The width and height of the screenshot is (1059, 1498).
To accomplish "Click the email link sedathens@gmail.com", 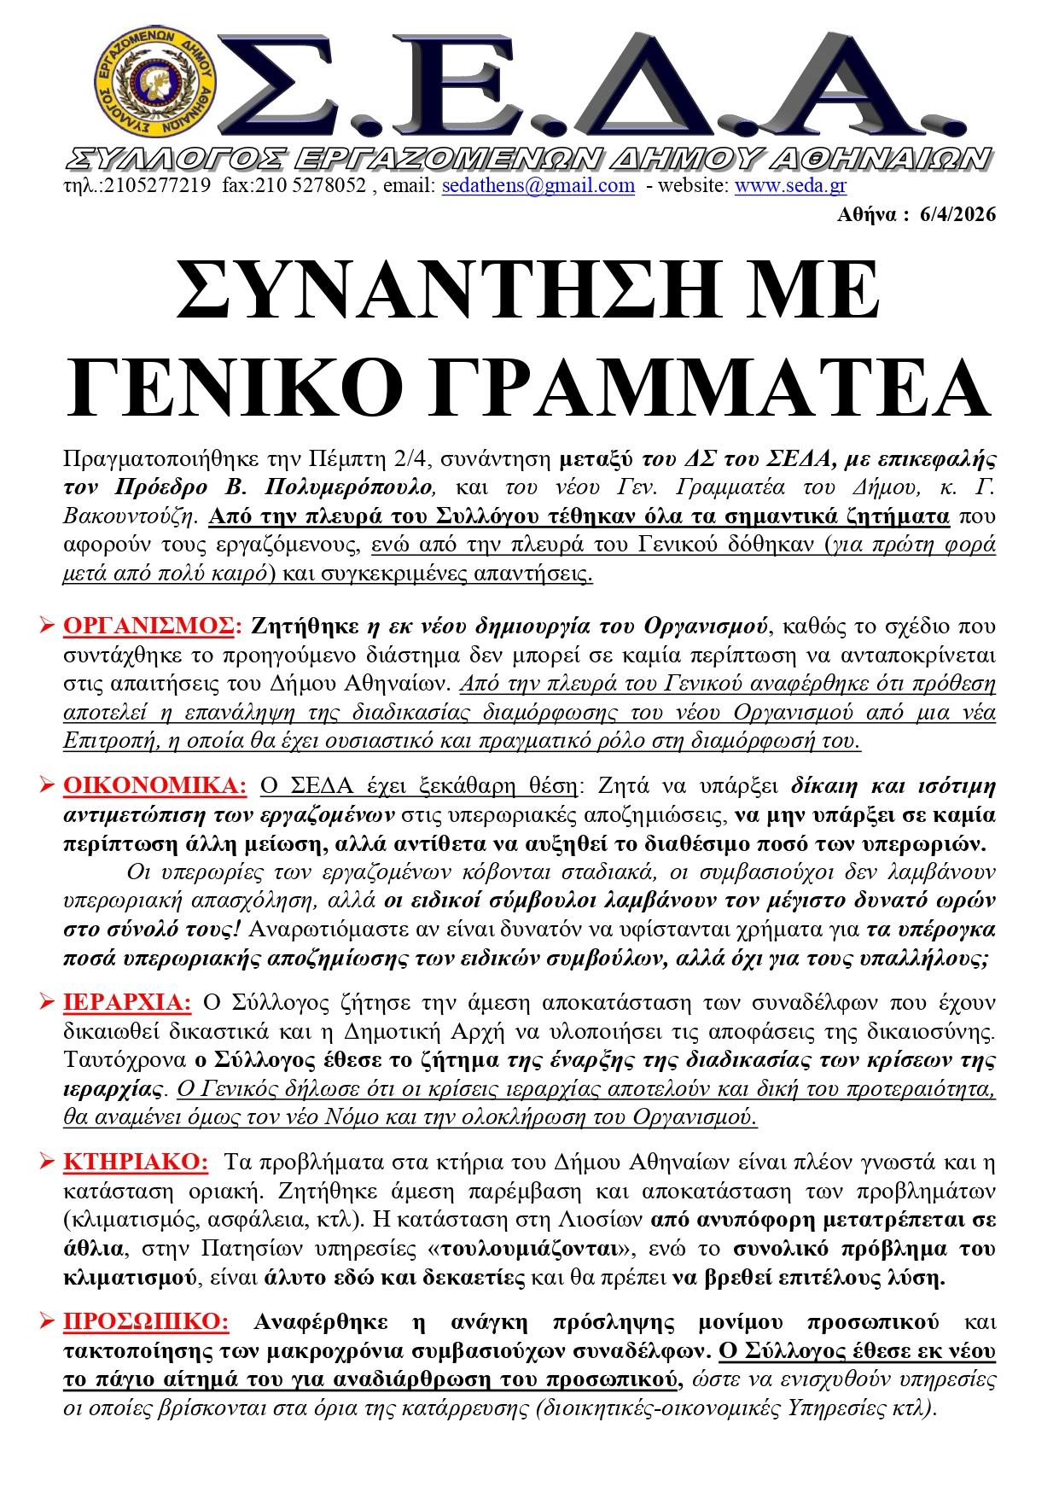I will click(x=538, y=185).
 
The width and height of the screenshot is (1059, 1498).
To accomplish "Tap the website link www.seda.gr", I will click(x=790, y=185).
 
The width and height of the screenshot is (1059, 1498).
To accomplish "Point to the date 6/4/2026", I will click(x=957, y=214).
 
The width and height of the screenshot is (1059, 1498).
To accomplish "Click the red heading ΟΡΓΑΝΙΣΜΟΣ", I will click(x=148, y=626).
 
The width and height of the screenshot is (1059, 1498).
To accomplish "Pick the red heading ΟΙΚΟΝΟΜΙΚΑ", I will click(x=154, y=785).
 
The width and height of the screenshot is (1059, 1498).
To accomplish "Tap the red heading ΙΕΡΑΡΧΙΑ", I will click(x=127, y=1002).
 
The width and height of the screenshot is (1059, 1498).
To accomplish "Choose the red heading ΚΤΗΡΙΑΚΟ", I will click(x=136, y=1162).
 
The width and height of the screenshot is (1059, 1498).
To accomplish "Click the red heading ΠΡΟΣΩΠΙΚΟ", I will click(x=146, y=1321).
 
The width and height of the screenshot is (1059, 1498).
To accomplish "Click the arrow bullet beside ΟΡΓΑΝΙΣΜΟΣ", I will click(x=47, y=627).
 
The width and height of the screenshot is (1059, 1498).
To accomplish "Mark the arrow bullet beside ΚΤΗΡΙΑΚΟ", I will click(x=47, y=1163).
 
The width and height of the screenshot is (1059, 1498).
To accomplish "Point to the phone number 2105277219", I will click(x=157, y=185).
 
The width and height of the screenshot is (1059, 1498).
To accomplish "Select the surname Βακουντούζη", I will click(x=130, y=516).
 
